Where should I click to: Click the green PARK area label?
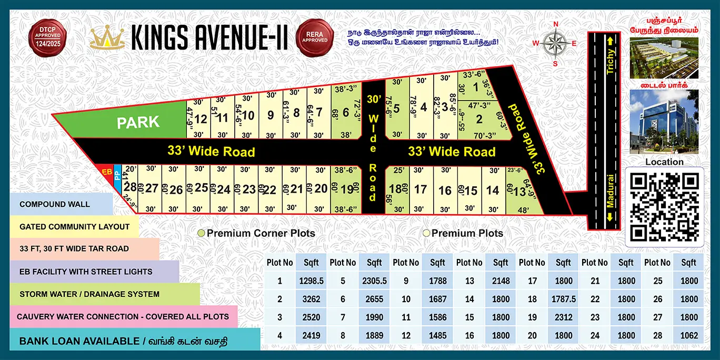(138, 123)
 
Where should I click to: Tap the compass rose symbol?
(554, 43)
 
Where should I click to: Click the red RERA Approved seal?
(315, 37)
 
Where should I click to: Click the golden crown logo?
(107, 37)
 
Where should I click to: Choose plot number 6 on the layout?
(346, 113)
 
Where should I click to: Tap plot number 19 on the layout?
(346, 189)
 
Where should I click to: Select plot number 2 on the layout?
(479, 119)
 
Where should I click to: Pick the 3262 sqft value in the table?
(311, 299)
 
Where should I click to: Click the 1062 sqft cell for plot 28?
(688, 335)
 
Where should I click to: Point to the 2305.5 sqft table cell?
(374, 281)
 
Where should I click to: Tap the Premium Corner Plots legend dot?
(201, 233)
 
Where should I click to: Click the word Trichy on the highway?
(611, 61)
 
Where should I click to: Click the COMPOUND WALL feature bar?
(55, 204)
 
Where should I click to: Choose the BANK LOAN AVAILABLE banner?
(124, 341)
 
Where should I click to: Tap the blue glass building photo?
(664, 121)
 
